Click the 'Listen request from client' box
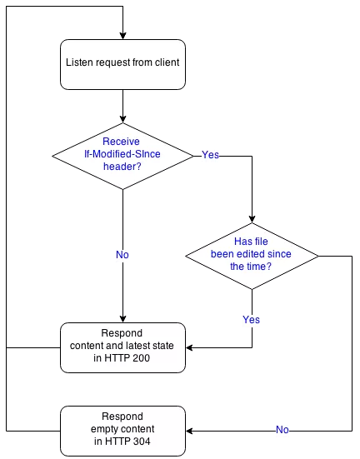pos(122,64)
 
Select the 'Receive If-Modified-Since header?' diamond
pos(122,156)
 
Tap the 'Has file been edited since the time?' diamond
pos(252,256)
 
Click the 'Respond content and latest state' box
pos(122,347)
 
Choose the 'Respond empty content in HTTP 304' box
pos(122,431)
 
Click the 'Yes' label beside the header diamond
pos(210,155)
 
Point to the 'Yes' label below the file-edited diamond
pos(252,319)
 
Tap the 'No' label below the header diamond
pos(122,255)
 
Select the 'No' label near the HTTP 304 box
pos(282,430)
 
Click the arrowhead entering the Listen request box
pos(123,36)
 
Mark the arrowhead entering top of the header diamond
pos(123,119)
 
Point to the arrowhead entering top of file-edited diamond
pos(252,219)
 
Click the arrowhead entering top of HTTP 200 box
pos(123,319)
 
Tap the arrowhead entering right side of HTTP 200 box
pos(189,347)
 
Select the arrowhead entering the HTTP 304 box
pos(189,431)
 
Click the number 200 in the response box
pos(141,358)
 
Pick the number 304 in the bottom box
pos(142,442)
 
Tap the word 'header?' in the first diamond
pos(122,167)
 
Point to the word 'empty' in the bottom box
pos(103,429)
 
